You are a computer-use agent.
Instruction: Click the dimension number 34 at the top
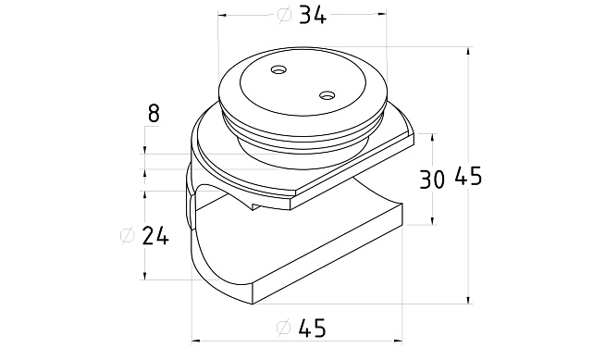pyautogui.click(x=312, y=17)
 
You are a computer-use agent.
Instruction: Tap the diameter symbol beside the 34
pyautogui.click(x=285, y=15)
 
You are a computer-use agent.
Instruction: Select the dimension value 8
pyautogui.click(x=154, y=113)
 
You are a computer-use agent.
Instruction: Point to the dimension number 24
pyautogui.click(x=155, y=237)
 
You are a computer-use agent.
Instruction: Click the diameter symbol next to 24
pyautogui.click(x=128, y=236)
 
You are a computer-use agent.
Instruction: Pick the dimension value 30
pyautogui.click(x=431, y=180)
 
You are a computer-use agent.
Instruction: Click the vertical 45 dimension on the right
pyautogui.click(x=468, y=176)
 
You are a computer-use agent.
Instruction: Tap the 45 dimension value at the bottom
pyautogui.click(x=312, y=328)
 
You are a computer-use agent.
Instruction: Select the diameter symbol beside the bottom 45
pyautogui.click(x=284, y=327)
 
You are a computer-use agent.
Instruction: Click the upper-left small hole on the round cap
pyautogui.click(x=279, y=70)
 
